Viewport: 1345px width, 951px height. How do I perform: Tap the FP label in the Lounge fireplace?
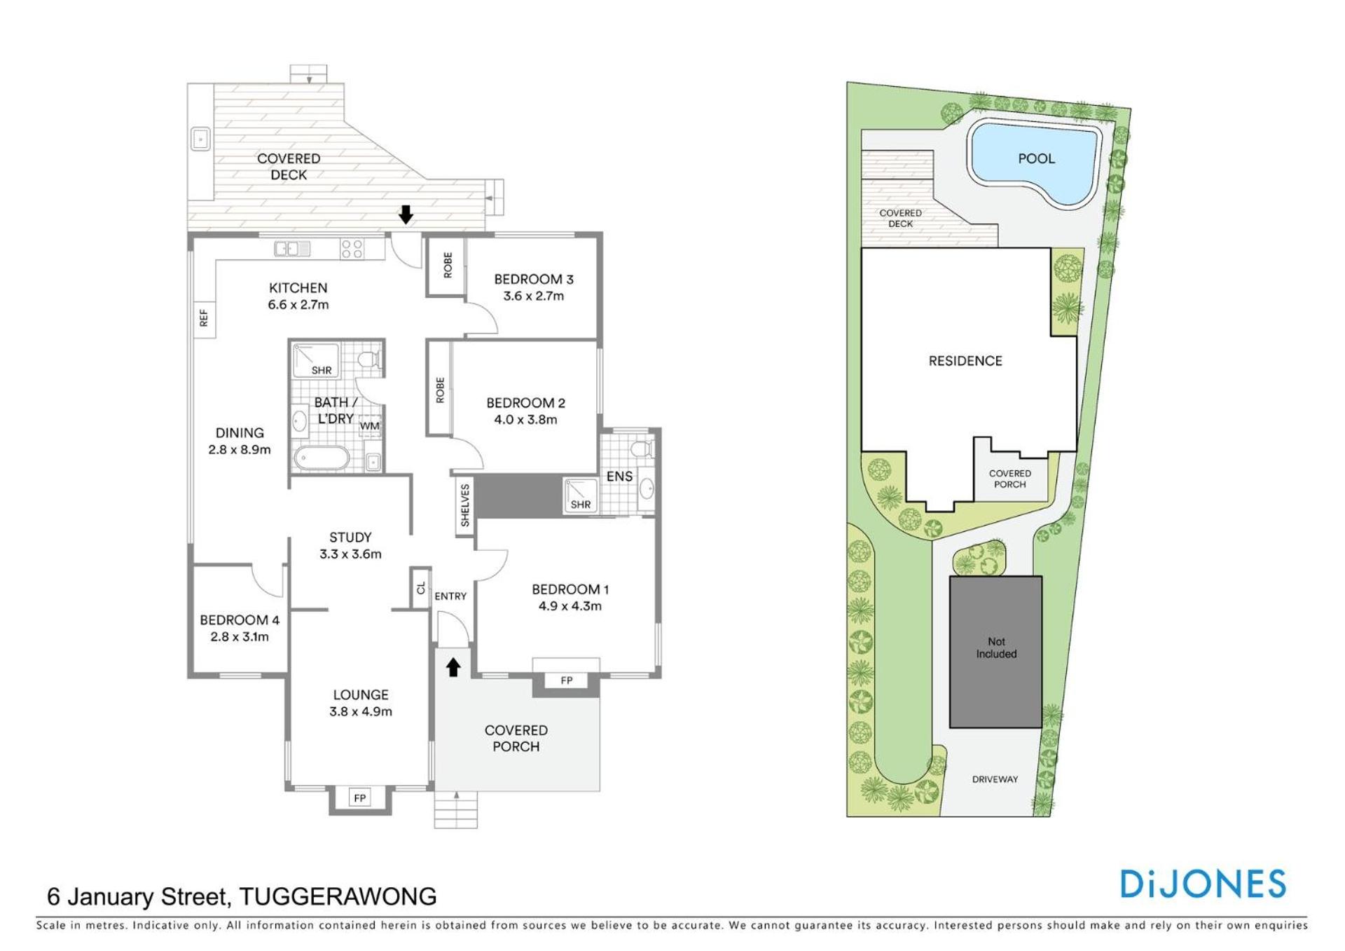tap(360, 798)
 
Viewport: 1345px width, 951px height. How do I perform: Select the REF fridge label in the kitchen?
tap(204, 318)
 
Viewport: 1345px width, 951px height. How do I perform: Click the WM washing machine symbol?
tap(370, 425)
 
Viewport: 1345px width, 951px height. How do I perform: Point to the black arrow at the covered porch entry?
tap(453, 667)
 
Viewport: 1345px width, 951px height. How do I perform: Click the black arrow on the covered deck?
tap(406, 214)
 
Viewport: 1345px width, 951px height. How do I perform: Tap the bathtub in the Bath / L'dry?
tap(322, 458)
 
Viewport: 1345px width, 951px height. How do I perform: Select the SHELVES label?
tap(465, 505)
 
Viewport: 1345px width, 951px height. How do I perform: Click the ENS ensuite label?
tap(619, 477)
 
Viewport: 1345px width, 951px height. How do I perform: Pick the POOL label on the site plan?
tap(1036, 158)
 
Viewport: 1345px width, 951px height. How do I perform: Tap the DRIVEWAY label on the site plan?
tap(995, 779)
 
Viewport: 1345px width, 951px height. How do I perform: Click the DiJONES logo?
tap(1203, 884)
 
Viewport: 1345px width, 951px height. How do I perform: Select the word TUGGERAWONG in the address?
tap(338, 896)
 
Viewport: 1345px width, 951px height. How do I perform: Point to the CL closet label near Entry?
tap(421, 588)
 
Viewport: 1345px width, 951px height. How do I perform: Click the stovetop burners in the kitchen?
tap(352, 249)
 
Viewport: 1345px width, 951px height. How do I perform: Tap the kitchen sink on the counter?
tap(293, 248)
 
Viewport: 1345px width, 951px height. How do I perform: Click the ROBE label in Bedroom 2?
tap(440, 390)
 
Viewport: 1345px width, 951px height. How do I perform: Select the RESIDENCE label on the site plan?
tap(965, 361)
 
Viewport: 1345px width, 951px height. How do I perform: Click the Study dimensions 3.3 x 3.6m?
tap(350, 554)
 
